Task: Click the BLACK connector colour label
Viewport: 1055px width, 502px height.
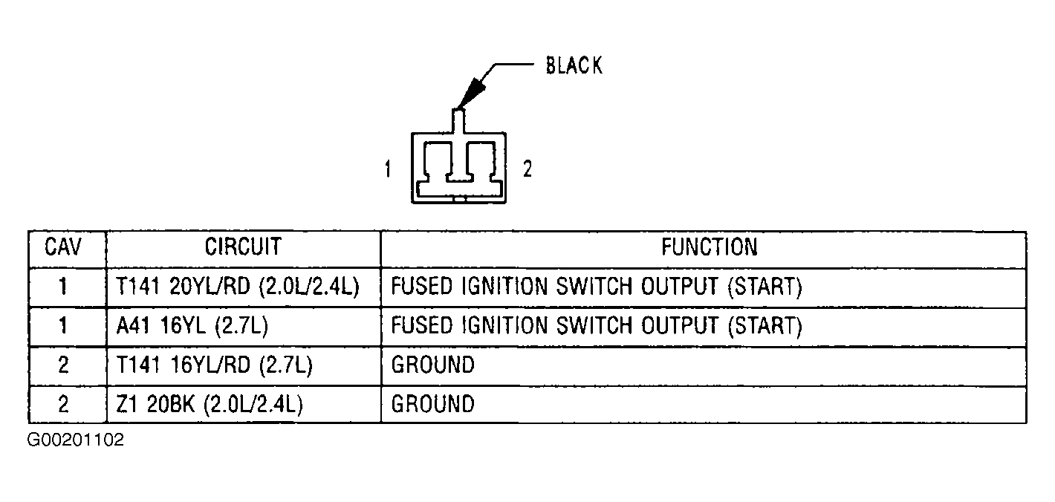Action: coord(574,65)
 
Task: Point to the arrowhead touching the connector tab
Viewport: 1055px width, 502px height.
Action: coord(471,94)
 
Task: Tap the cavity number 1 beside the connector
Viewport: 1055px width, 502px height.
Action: coord(388,169)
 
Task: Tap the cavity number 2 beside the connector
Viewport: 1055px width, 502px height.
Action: coord(527,169)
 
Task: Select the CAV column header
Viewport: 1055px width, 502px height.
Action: coord(62,247)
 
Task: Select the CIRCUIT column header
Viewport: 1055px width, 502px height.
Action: coord(243,247)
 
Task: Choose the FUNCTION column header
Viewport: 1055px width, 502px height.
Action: coord(710,247)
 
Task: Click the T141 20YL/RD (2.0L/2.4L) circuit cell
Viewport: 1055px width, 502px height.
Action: coord(238,287)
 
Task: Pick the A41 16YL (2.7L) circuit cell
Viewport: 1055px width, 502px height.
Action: coord(192,326)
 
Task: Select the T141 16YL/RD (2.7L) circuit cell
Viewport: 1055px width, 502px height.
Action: coord(214,365)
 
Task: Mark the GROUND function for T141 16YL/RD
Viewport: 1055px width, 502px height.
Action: coord(433,365)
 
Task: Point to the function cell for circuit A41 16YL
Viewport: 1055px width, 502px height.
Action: coord(597,326)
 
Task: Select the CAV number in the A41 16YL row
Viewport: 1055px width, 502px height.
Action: coord(62,326)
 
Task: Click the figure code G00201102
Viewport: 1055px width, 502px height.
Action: coord(75,440)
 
